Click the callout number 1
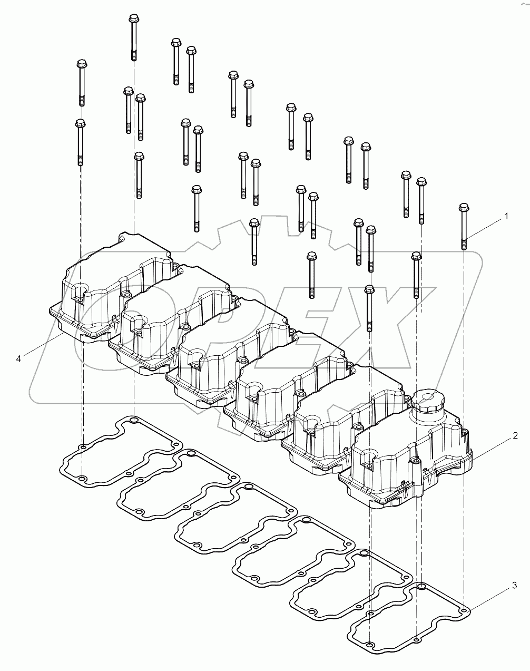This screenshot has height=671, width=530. coord(506,216)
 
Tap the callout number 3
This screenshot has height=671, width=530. coord(514,586)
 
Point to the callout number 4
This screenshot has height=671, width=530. coord(18,358)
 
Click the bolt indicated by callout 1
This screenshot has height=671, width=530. coord(464,227)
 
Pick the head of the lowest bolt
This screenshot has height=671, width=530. coord(369,289)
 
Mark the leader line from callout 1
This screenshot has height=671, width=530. coord(485,227)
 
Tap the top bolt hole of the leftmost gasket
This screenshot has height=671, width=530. coord(134,420)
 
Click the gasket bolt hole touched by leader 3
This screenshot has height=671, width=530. coord(464,610)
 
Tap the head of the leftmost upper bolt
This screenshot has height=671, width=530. coord(81,64)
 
